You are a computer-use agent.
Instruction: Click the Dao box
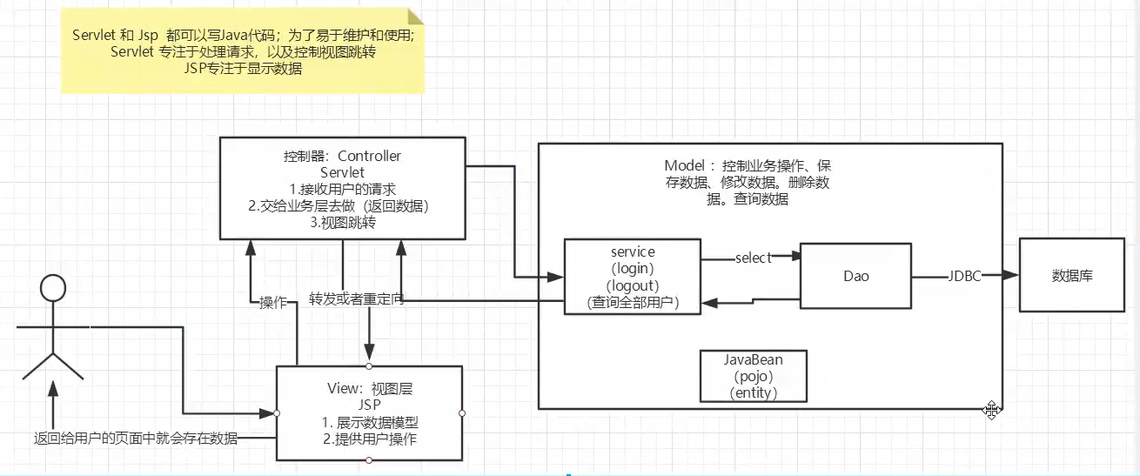pyautogui.click(x=855, y=276)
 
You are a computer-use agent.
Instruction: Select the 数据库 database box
pyautogui.click(x=1071, y=276)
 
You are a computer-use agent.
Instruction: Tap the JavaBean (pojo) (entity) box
pyautogui.click(x=754, y=376)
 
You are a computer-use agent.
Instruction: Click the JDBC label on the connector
pyautogui.click(x=965, y=276)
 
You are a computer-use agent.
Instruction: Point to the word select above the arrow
pyautogui.click(x=753, y=258)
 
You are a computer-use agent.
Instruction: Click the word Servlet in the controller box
pyautogui.click(x=342, y=172)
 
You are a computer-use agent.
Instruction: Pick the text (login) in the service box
pyautogui.click(x=633, y=268)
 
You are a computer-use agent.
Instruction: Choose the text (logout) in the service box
pyautogui.click(x=633, y=285)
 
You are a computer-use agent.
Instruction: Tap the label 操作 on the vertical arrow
pyautogui.click(x=273, y=302)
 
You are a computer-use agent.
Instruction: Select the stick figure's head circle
pyautogui.click(x=54, y=288)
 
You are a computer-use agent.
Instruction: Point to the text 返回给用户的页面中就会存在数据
pyautogui.click(x=135, y=438)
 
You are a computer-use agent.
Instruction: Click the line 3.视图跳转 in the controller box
pyautogui.click(x=342, y=222)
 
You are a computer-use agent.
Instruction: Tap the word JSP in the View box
pyautogui.click(x=369, y=405)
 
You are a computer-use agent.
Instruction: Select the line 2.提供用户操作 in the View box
pyautogui.click(x=369, y=439)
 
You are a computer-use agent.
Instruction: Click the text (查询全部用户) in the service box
pyautogui.click(x=633, y=302)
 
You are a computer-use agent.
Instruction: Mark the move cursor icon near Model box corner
pyautogui.click(x=991, y=411)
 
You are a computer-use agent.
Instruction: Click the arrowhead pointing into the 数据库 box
pyautogui.click(x=1011, y=276)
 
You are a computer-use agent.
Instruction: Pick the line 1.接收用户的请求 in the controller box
pyautogui.click(x=342, y=189)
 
